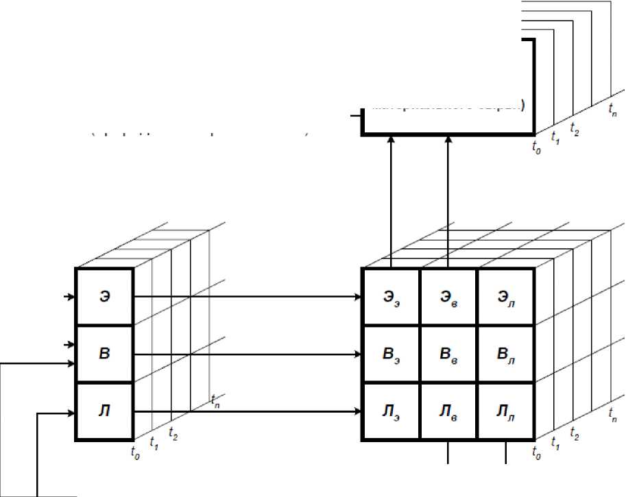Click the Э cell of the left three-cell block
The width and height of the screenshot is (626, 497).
[x=104, y=297]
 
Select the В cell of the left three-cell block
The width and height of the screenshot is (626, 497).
[x=104, y=354]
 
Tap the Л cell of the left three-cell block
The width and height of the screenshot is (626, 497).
[x=104, y=411]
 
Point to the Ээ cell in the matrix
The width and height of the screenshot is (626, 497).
[x=390, y=297]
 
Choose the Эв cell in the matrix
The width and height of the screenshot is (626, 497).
[x=448, y=297]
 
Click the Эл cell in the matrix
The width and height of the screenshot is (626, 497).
[x=505, y=297]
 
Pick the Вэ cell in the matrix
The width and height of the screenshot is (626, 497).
[x=390, y=354]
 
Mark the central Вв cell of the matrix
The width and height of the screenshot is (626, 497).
[x=448, y=354]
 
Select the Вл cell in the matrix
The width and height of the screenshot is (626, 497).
[x=505, y=354]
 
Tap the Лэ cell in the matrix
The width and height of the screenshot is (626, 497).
[x=390, y=411]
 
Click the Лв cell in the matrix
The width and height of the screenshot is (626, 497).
[x=448, y=411]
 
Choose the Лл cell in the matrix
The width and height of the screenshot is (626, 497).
[x=505, y=411]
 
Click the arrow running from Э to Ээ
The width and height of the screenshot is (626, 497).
[x=247, y=297]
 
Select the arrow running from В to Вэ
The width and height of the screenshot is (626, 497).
[x=247, y=354]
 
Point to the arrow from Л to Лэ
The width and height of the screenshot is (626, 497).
[x=247, y=411]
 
